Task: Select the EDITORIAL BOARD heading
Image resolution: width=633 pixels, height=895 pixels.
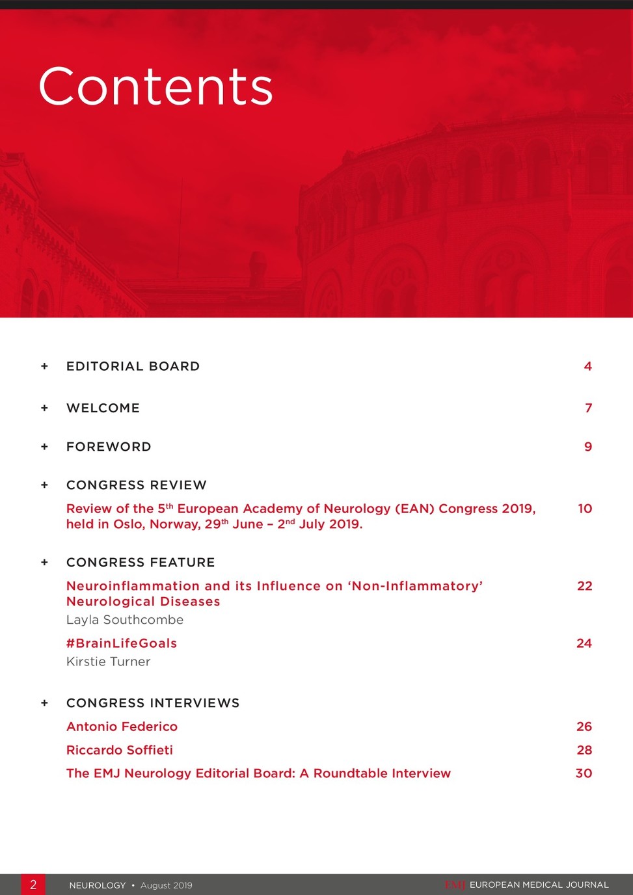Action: click(133, 366)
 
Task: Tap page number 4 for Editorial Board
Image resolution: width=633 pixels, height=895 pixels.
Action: click(587, 366)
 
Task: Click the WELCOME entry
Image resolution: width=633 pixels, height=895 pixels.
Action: click(103, 408)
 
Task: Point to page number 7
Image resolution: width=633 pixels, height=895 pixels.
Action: click(588, 408)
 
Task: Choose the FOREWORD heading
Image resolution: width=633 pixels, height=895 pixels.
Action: click(109, 447)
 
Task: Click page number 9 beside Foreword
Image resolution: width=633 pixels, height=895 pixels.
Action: click(587, 447)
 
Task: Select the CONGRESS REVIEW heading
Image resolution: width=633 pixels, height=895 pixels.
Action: click(137, 485)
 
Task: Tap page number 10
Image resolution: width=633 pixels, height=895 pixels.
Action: click(585, 509)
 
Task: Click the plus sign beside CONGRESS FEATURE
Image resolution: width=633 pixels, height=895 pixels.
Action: click(44, 563)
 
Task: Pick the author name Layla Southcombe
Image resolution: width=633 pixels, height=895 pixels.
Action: click(125, 620)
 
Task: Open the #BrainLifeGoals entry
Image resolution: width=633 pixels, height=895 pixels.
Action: click(122, 643)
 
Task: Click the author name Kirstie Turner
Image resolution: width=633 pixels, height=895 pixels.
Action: click(108, 661)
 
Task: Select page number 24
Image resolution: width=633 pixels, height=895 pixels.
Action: click(584, 643)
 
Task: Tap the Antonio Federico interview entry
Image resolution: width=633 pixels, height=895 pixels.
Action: click(122, 727)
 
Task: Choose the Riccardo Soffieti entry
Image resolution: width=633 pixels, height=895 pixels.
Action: click(120, 750)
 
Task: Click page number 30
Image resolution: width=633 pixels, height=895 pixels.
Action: click(584, 773)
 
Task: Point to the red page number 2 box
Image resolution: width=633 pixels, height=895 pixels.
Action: click(33, 885)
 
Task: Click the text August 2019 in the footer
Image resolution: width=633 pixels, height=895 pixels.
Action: click(167, 885)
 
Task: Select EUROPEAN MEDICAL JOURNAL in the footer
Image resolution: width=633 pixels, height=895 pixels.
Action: click(539, 885)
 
